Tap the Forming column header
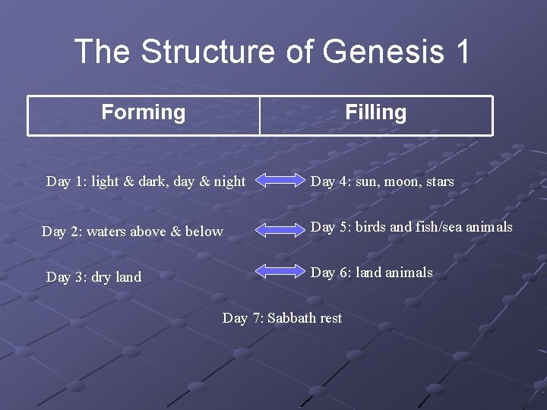[144, 113]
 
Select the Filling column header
[376, 113]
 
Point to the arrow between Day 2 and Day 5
[279, 229]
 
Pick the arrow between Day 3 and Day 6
[279, 271]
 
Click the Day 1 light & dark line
[146, 181]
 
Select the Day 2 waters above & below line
[132, 232]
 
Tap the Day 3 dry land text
[93, 277]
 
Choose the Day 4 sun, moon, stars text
[382, 181]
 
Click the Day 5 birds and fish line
[412, 227]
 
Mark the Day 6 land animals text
[372, 273]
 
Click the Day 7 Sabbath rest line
[282, 318]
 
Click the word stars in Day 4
[440, 181]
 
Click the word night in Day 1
[229, 181]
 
